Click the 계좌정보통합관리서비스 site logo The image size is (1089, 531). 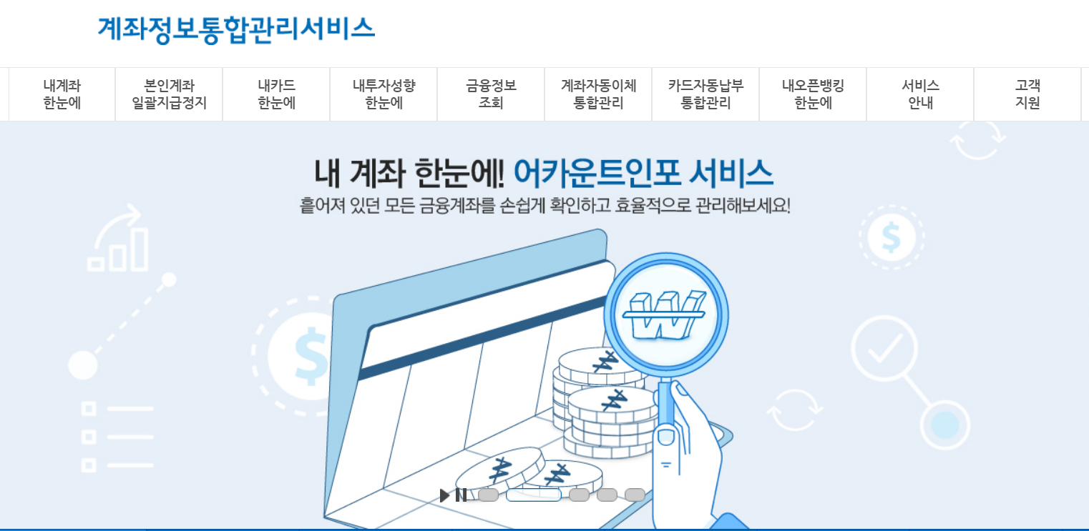[x=236, y=29]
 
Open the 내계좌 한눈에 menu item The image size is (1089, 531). [x=62, y=94]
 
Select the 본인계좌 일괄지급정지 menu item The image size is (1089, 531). [x=169, y=94]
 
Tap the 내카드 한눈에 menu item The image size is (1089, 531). [x=276, y=94]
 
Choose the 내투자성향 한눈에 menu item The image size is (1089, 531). [x=384, y=94]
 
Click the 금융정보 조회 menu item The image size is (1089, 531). [x=491, y=94]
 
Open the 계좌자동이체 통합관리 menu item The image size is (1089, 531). [x=598, y=94]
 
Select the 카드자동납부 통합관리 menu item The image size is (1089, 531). [x=705, y=94]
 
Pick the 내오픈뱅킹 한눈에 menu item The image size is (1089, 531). [x=813, y=94]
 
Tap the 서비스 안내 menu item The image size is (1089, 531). [x=920, y=94]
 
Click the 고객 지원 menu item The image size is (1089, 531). [x=1027, y=94]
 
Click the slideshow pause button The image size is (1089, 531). [x=461, y=495]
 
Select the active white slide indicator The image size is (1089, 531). [x=533, y=495]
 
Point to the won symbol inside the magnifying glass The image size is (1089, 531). [x=665, y=315]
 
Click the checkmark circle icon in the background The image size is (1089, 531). [x=884, y=347]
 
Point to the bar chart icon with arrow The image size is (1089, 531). [x=118, y=239]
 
